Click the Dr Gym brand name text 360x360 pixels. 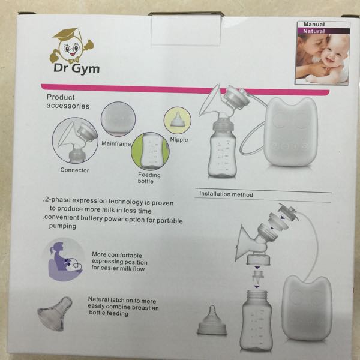(x=76, y=68)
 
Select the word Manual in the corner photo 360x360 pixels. (x=314, y=25)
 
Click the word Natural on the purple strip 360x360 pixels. (x=314, y=31)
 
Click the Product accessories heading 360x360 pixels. (x=68, y=101)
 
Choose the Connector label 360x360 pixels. (x=74, y=170)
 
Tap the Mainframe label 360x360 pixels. (x=116, y=144)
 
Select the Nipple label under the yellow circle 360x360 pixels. (x=179, y=140)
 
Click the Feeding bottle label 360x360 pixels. (x=149, y=178)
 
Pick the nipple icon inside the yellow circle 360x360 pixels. (x=177, y=119)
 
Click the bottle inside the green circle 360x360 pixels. (x=150, y=151)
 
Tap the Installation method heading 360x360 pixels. (x=226, y=194)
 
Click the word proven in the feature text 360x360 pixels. (x=163, y=203)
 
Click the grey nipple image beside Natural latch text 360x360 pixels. (x=55, y=313)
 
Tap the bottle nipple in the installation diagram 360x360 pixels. (x=212, y=320)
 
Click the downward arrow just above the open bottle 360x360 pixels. (x=257, y=287)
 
